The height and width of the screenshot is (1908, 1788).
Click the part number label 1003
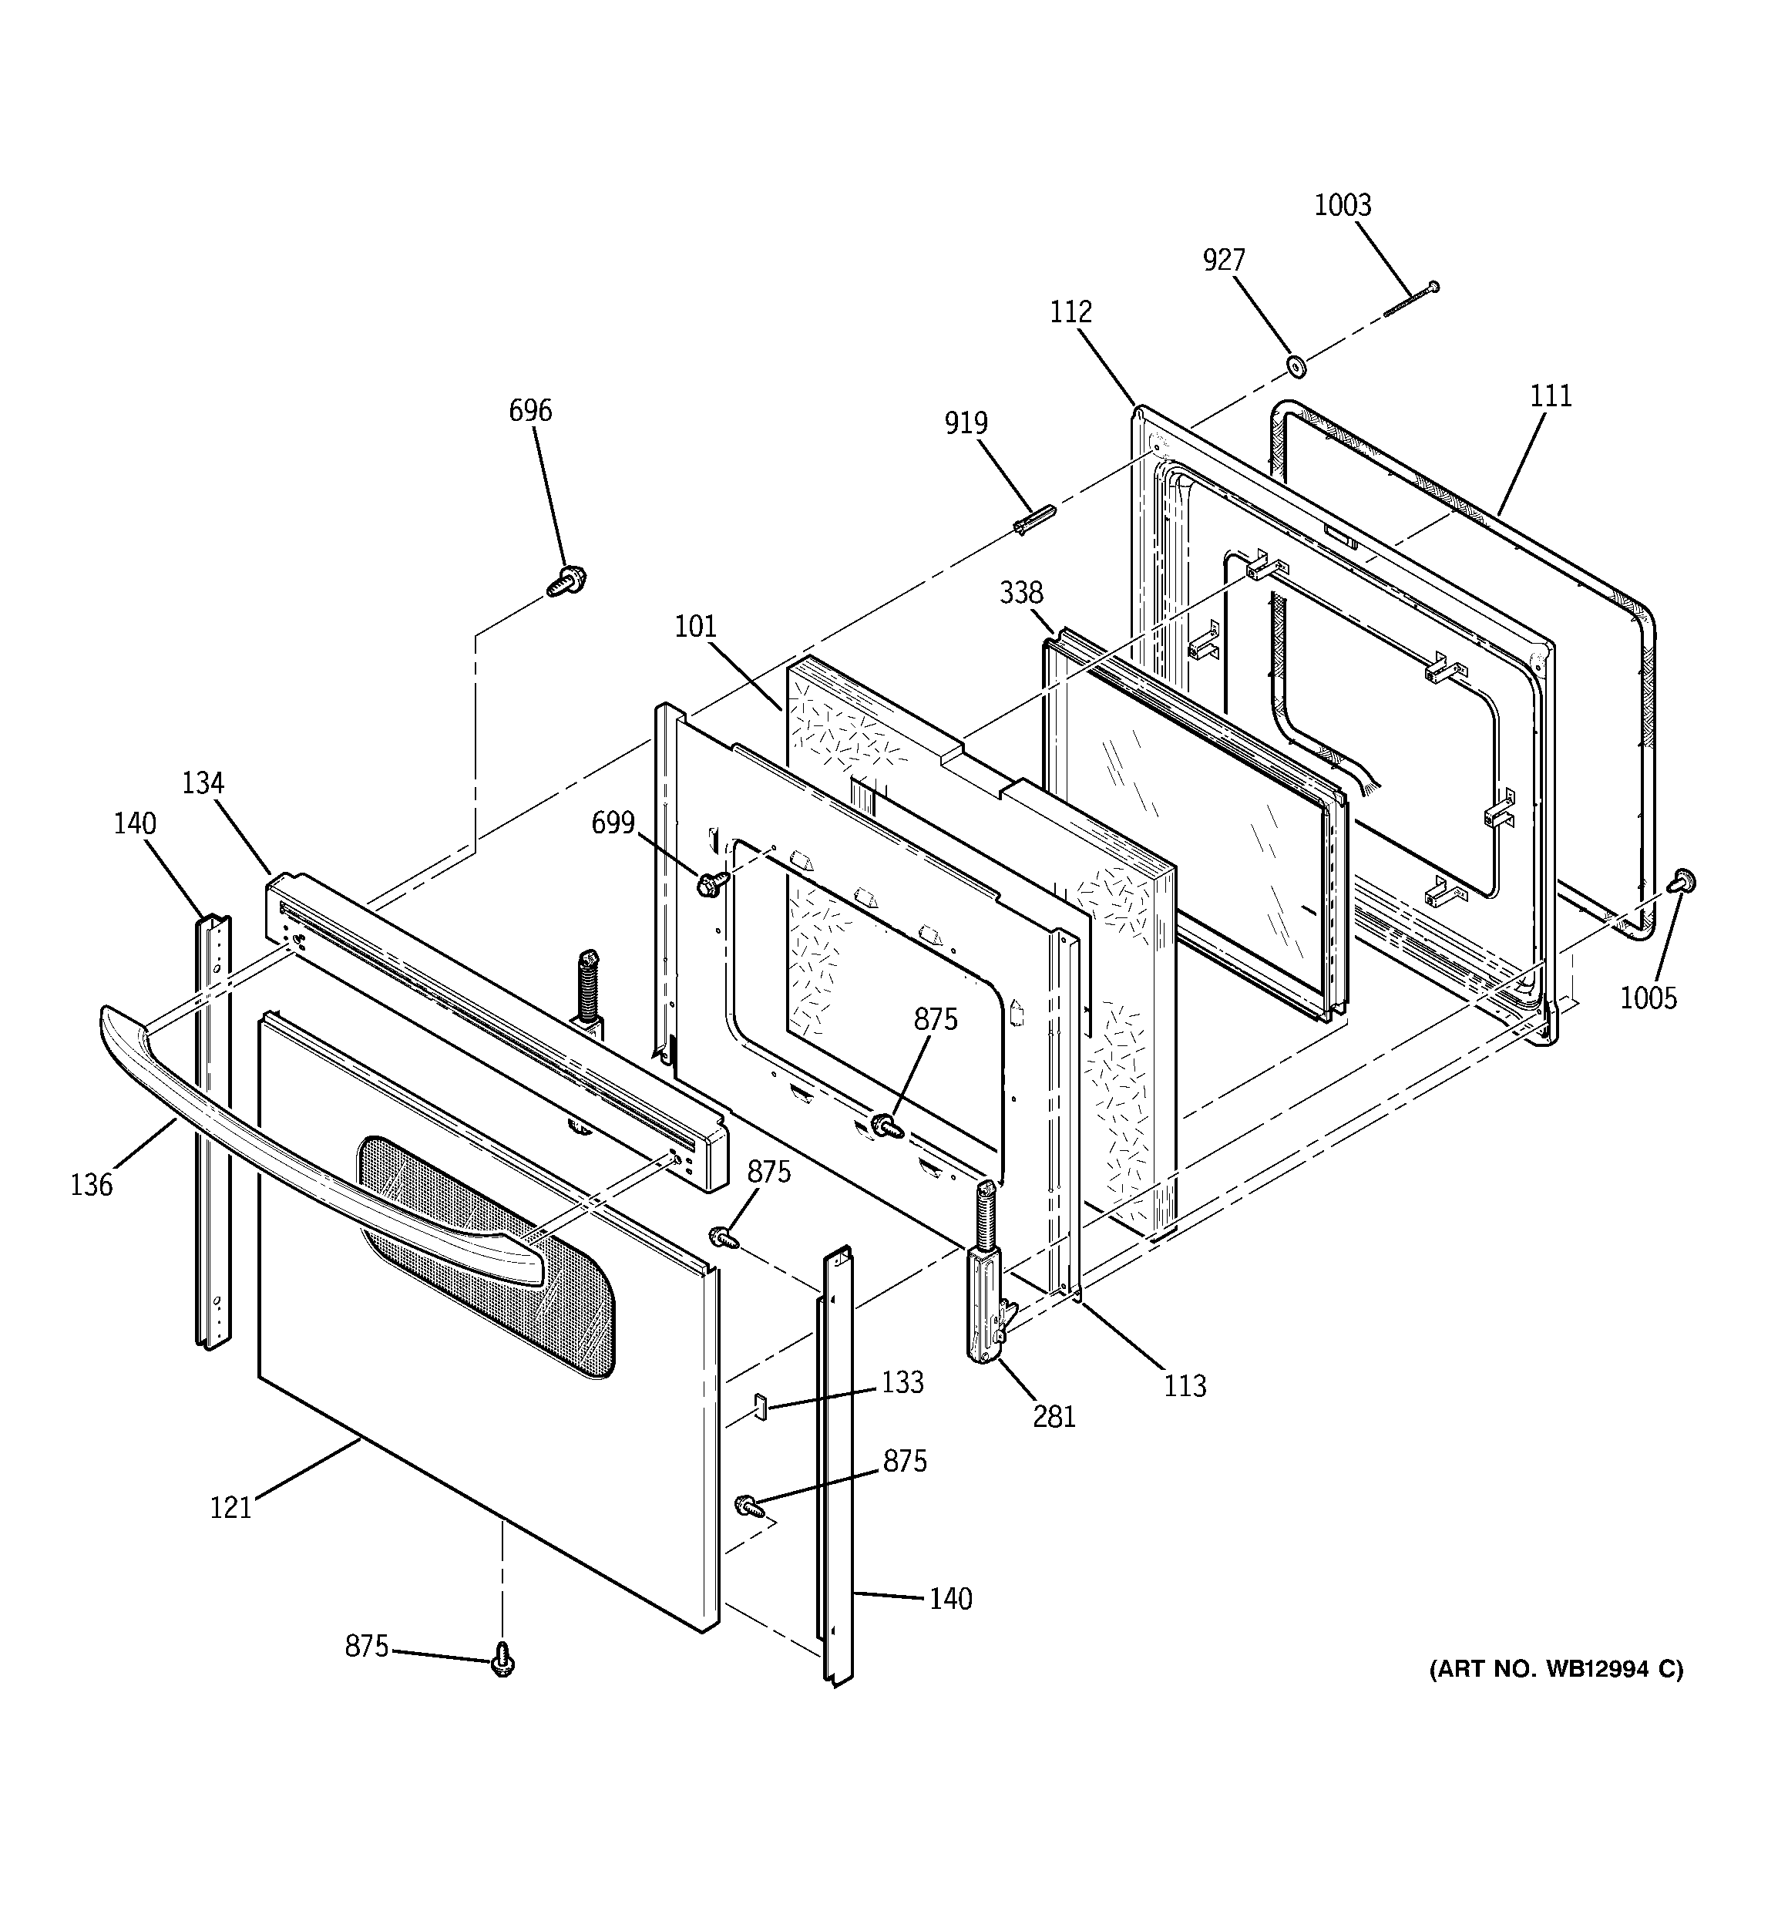point(1342,205)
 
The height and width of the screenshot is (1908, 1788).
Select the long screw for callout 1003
point(1411,299)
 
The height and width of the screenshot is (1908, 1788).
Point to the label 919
point(966,423)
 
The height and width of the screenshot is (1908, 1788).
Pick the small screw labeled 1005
point(1682,880)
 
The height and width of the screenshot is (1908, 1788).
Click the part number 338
point(1020,593)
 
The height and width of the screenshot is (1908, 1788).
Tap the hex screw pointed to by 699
point(711,882)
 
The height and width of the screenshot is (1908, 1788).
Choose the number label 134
point(203,784)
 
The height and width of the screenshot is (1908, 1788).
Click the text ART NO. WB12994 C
point(1556,1669)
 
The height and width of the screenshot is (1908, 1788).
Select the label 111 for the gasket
point(1550,396)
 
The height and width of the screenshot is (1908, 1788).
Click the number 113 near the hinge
point(1185,1386)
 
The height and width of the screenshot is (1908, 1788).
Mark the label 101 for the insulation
point(696,627)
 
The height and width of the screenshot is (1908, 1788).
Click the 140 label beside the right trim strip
point(950,1599)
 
